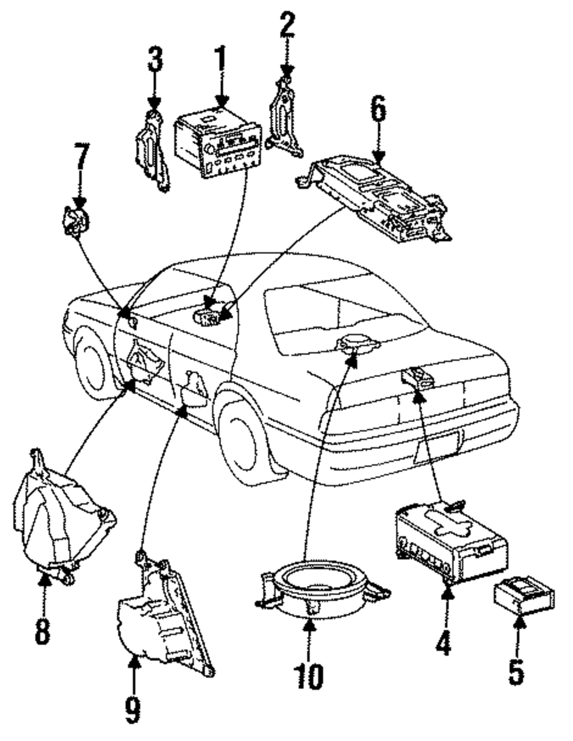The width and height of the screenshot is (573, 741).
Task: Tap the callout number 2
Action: (287, 24)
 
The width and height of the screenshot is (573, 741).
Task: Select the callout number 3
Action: (155, 59)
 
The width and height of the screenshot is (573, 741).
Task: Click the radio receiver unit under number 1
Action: (218, 142)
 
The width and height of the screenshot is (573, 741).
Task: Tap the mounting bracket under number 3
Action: (152, 151)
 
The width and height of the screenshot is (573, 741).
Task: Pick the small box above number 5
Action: (524, 595)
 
